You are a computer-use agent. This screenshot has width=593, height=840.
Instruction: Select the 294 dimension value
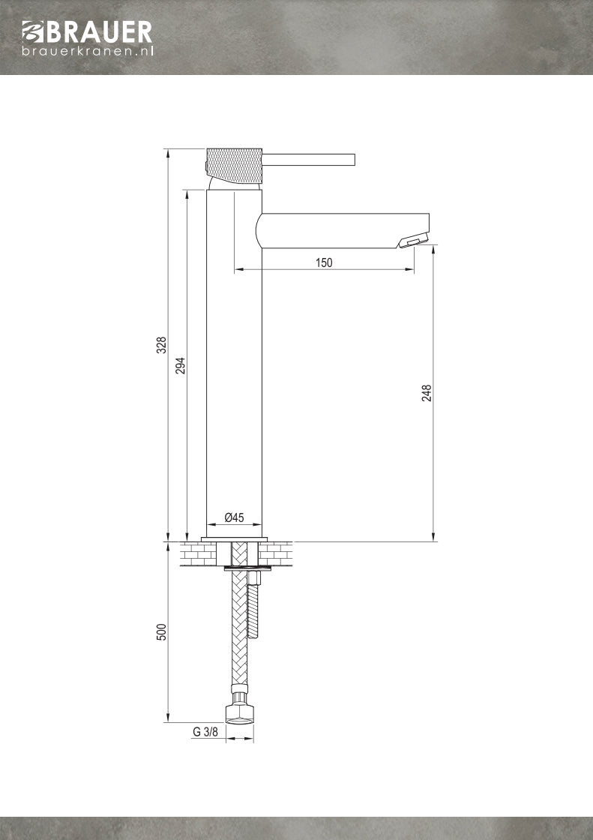click(x=181, y=364)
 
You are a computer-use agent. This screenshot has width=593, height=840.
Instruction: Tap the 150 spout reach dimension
click(x=324, y=262)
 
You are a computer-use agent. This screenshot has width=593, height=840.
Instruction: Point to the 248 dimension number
click(x=427, y=393)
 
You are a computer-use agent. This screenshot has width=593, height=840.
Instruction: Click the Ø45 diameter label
click(x=235, y=517)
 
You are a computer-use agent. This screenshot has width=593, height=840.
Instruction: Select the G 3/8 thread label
click(x=205, y=732)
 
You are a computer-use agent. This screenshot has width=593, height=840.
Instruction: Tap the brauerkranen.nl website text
click(x=87, y=51)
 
